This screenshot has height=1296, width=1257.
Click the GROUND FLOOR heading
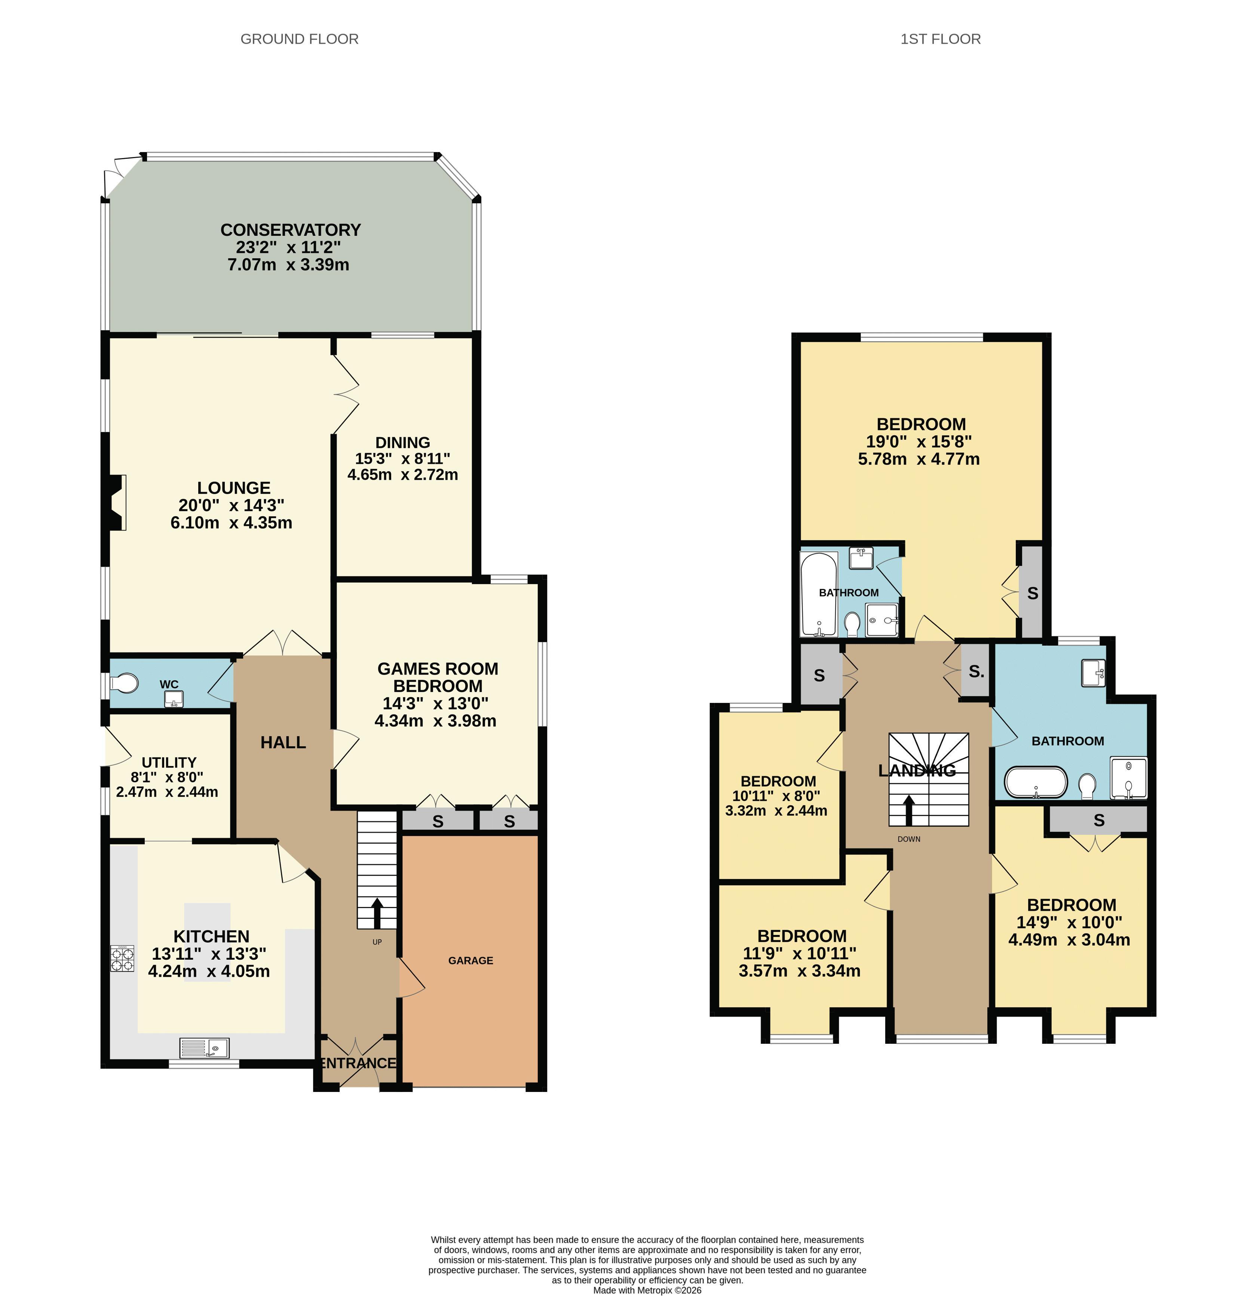tap(299, 39)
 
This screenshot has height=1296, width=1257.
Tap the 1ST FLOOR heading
tap(940, 39)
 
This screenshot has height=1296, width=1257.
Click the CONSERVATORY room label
tap(291, 230)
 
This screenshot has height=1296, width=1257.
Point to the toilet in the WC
tap(125, 682)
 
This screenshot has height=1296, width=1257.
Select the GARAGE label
tap(470, 960)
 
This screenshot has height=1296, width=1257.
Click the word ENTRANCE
tap(358, 1062)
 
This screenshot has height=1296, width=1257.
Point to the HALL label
tap(283, 743)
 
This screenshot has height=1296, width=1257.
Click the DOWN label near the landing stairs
tap(909, 839)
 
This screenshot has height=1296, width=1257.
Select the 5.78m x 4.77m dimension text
tap(919, 459)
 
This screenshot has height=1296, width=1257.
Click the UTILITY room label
tap(169, 762)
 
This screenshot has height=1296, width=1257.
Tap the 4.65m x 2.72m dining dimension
tap(402, 474)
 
